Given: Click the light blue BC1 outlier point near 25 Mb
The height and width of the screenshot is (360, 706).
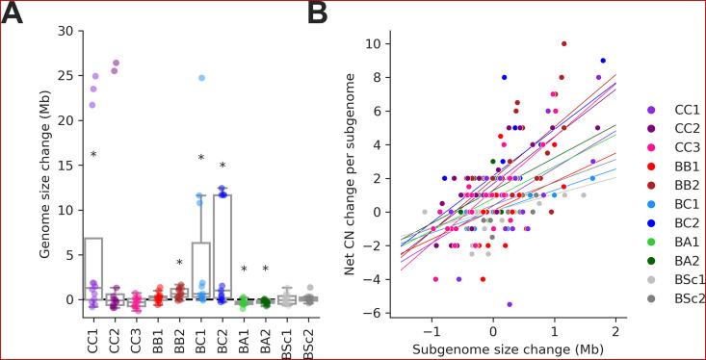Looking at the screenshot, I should [x=201, y=78].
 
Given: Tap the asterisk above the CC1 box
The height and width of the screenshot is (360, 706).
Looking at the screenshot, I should [x=93, y=155].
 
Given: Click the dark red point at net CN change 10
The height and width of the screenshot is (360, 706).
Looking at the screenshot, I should [x=563, y=43].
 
